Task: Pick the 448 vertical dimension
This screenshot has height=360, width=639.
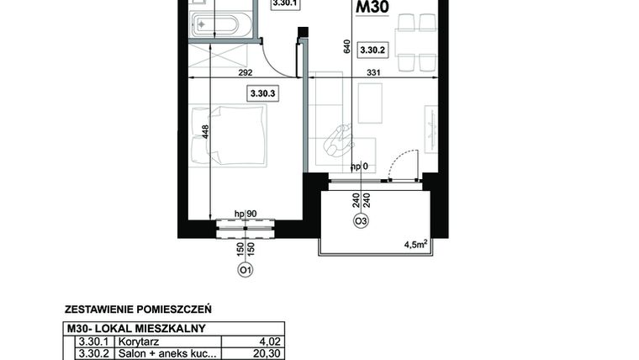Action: pos(204,135)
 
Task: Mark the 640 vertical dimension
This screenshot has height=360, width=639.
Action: pos(346,48)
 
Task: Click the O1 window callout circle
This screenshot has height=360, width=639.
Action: pos(246,270)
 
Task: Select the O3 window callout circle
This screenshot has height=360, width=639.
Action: pos(361,221)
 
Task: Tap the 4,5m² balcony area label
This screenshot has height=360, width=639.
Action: pos(417,245)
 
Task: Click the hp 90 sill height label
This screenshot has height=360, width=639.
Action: pos(245,214)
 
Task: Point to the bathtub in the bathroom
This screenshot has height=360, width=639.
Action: pos(222,23)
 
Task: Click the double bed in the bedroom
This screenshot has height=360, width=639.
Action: pos(229,135)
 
